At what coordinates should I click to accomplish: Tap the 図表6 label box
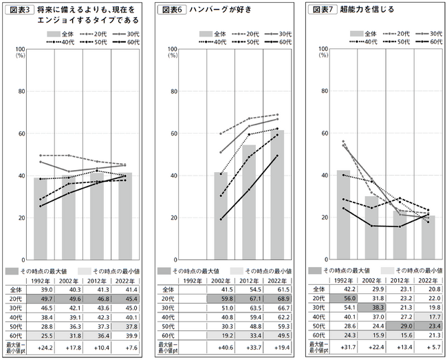coord(172,10)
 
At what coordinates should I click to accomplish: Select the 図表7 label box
coord(323,10)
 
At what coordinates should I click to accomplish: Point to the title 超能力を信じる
coord(368,10)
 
